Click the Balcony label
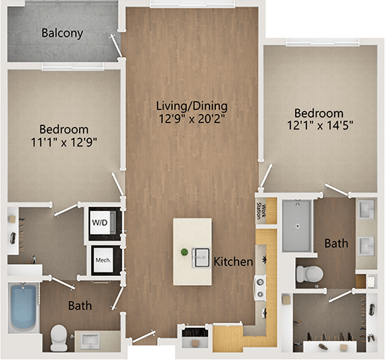(62, 34)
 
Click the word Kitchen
(233, 262)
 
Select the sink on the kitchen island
(200, 257)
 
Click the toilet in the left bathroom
(57, 333)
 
